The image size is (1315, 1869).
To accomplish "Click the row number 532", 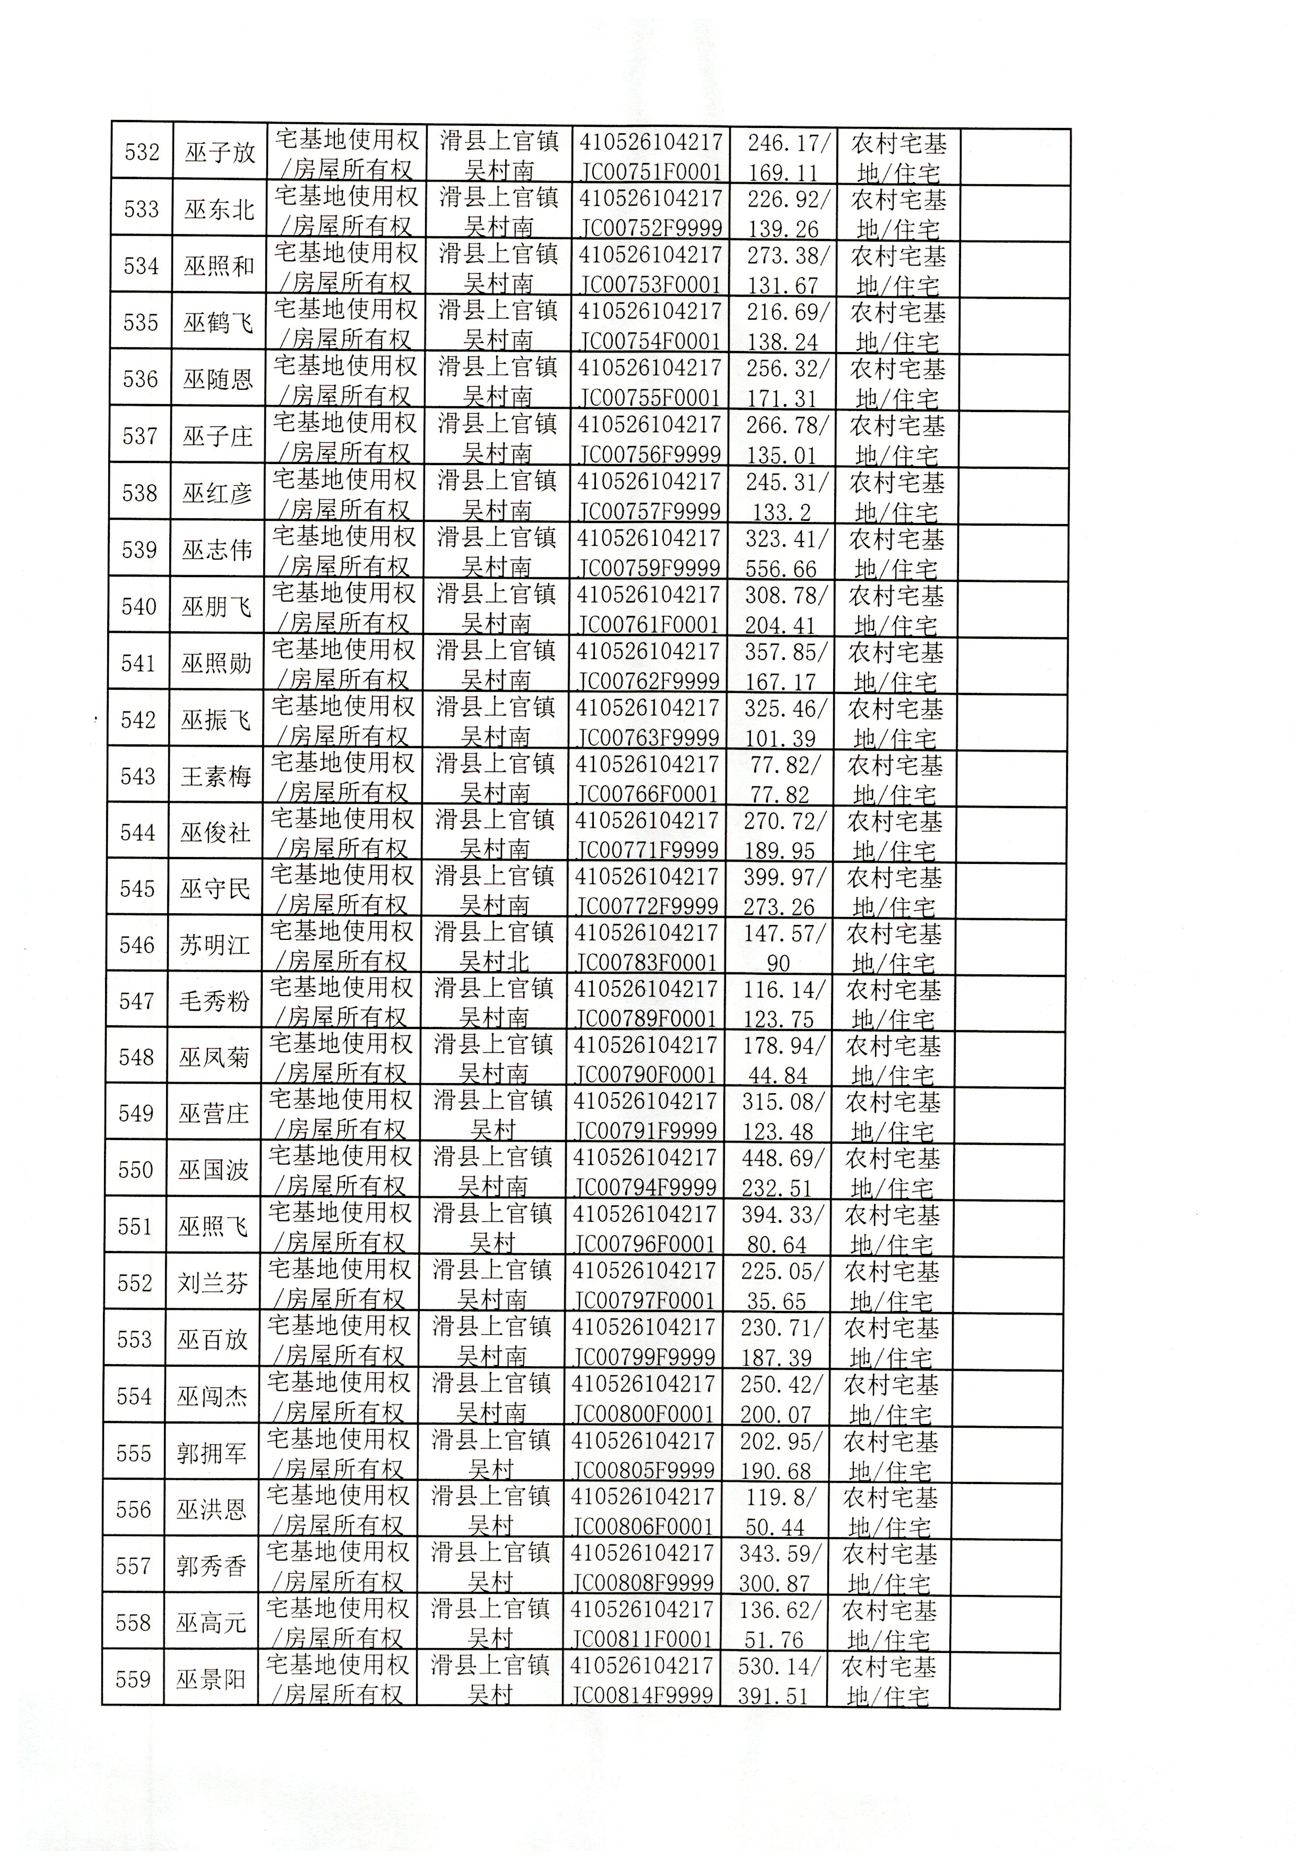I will tap(142, 153).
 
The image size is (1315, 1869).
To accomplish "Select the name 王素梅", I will tap(215, 777).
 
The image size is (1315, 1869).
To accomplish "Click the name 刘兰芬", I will tap(212, 1284).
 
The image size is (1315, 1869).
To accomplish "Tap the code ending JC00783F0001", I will tap(647, 948).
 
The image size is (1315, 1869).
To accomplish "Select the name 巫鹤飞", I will tap(218, 323).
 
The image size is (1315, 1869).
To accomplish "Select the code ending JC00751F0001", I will tap(651, 156).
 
